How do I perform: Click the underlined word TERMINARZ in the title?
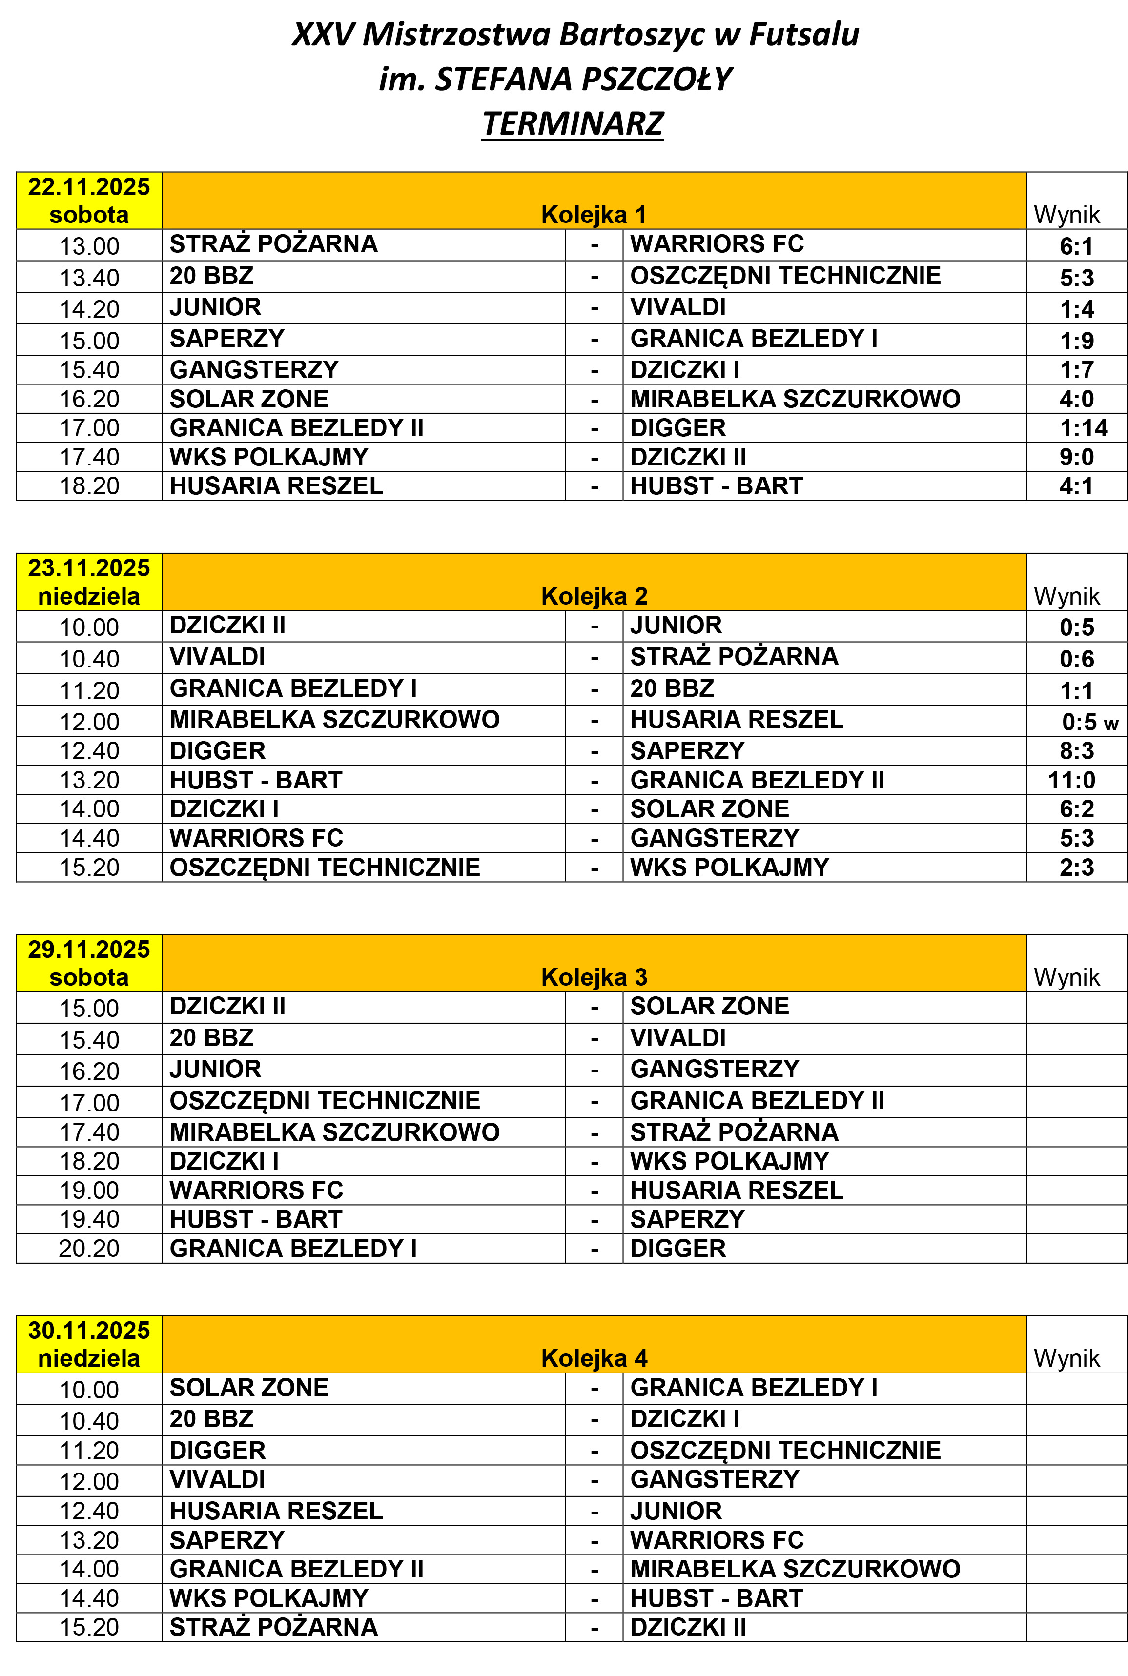point(573,123)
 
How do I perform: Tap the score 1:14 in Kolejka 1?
point(1084,428)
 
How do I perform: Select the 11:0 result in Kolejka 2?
point(1071,780)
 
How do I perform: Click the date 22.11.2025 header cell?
point(89,201)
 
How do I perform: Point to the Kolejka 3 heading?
point(594,977)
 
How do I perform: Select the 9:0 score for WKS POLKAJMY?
point(1076,457)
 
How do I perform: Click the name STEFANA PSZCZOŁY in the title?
point(583,79)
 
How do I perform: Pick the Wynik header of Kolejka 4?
point(1066,1358)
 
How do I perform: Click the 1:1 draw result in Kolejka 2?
point(1076,691)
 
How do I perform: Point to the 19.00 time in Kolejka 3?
point(89,1191)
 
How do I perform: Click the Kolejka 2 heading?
point(594,596)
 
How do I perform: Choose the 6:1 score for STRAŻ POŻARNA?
point(1076,246)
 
